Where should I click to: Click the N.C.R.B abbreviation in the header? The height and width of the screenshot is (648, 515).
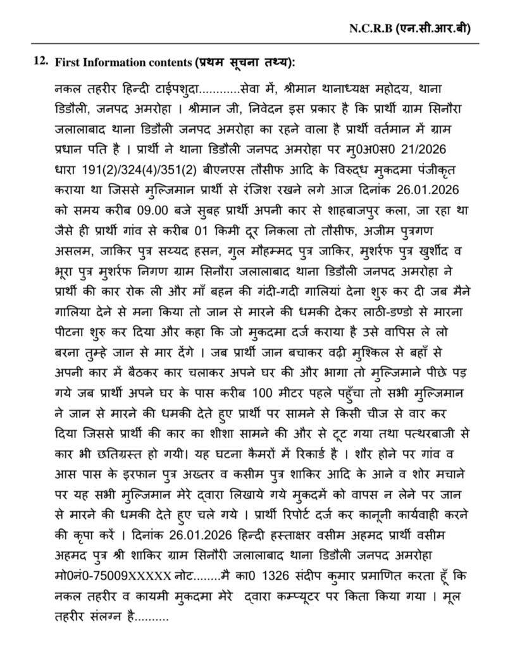pos(369,28)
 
